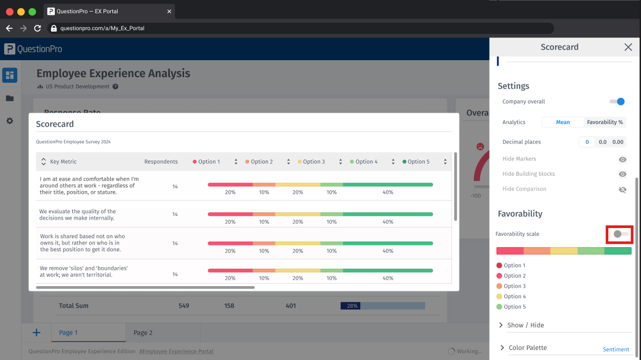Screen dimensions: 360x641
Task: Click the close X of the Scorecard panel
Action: tap(628, 47)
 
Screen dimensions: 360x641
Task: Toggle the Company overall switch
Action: tap(617, 101)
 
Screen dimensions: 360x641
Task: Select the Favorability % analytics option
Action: tap(605, 122)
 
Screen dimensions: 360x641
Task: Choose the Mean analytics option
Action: tap(563, 122)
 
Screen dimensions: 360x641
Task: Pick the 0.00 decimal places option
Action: tap(618, 142)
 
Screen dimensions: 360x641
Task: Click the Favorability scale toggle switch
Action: tap(619, 234)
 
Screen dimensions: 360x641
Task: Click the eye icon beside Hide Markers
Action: tap(623, 159)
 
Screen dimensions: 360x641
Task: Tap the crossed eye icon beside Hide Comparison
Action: tap(623, 189)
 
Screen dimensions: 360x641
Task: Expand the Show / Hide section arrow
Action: tap(501, 325)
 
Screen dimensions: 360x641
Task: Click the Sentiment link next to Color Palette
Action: tap(616, 349)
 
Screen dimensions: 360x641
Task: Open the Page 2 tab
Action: tap(143, 333)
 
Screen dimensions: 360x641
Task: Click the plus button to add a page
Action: tap(36, 333)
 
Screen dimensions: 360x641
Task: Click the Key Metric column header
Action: tap(63, 162)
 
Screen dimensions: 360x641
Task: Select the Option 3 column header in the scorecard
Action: tap(314, 162)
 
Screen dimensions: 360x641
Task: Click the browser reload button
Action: tap(37, 28)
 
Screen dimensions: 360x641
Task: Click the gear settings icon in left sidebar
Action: tap(9, 121)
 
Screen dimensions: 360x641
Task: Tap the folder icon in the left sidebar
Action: tap(9, 98)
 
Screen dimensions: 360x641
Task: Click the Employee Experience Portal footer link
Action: tap(176, 351)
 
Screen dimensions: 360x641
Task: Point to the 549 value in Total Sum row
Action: tap(184, 306)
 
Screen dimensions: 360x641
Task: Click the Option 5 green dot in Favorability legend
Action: tap(499, 307)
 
